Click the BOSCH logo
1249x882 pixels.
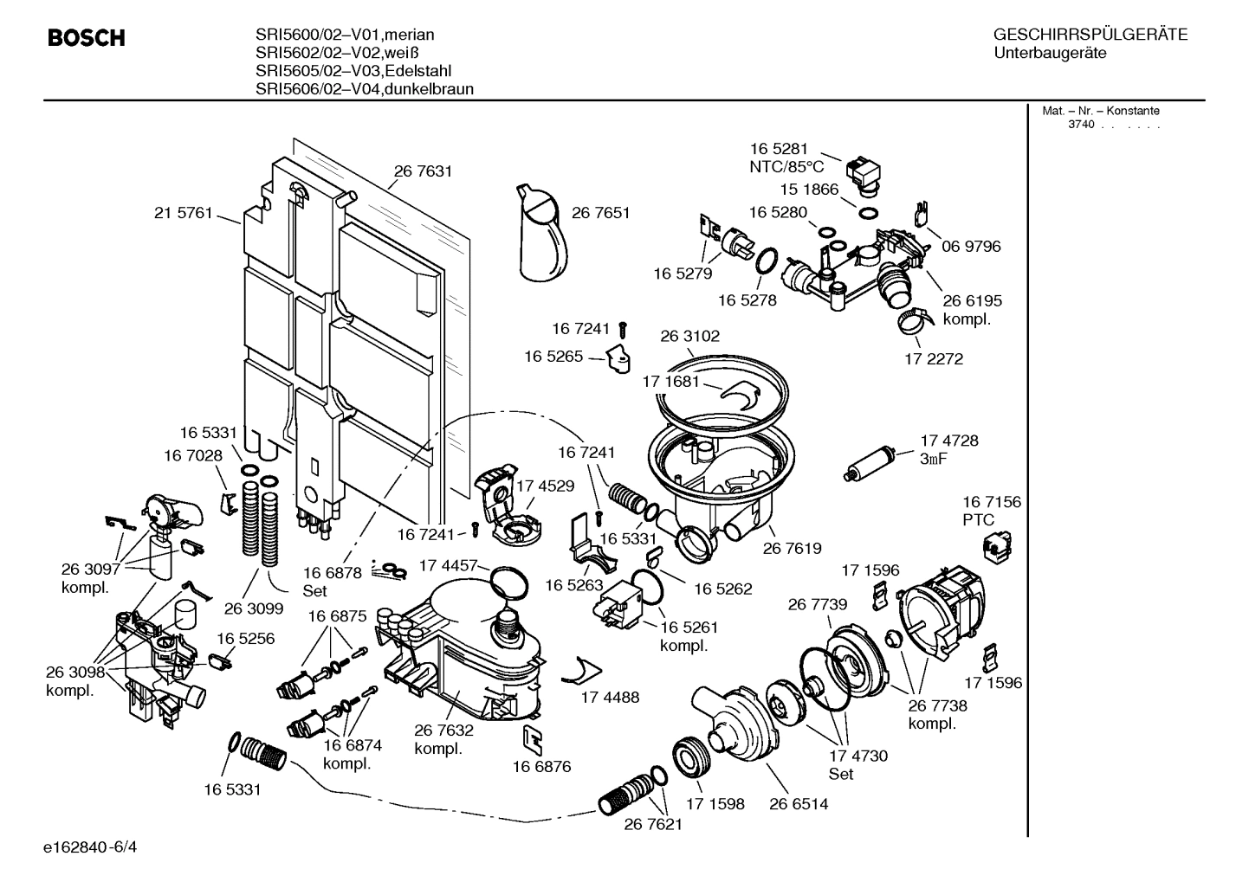click(87, 38)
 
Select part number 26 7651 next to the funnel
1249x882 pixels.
click(600, 212)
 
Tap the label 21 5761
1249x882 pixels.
click(183, 213)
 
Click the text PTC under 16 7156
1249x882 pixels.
click(979, 520)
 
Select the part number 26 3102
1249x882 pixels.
click(689, 336)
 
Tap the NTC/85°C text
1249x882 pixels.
click(786, 167)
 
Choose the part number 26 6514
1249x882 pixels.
click(798, 803)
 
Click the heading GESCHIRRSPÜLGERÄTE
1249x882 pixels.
click(1090, 35)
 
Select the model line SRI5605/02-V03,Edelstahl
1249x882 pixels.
click(353, 71)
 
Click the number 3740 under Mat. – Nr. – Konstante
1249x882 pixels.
click(1080, 125)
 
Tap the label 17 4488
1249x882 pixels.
click(610, 697)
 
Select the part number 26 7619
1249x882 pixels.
click(792, 548)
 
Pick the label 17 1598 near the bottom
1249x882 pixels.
click(715, 803)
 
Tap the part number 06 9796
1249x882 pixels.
click(971, 247)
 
